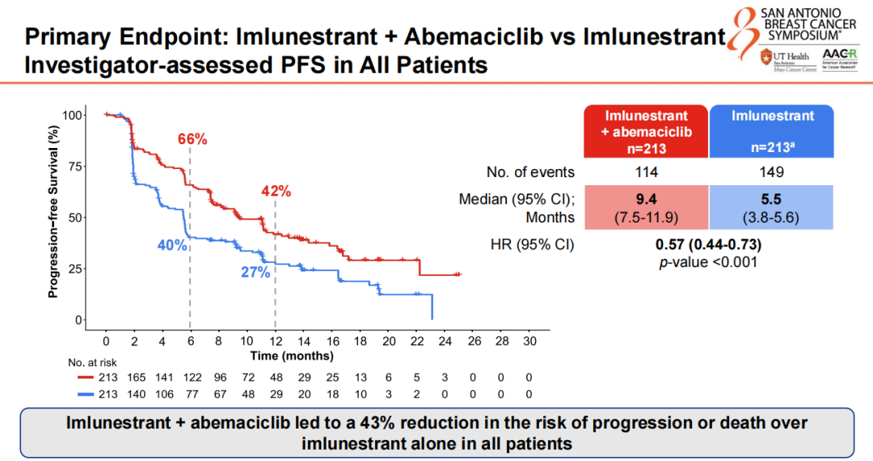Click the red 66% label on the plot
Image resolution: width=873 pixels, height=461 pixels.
coord(193,139)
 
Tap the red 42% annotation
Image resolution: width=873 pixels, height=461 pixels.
coord(276,192)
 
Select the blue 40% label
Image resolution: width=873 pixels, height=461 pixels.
coord(172,245)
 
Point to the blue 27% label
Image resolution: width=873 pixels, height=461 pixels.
coord(255,273)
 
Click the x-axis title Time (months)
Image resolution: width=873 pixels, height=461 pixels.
coord(292,356)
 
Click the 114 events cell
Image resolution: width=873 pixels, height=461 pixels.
coord(647,171)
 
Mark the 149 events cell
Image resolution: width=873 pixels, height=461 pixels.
coord(773,171)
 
